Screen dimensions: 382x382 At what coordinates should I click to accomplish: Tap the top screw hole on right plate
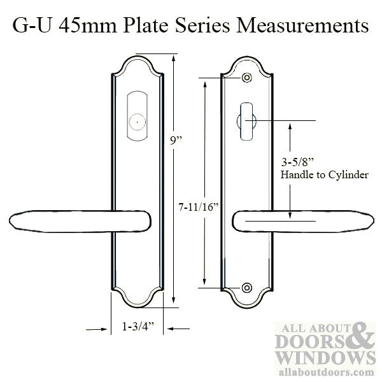pyautogui.click(x=246, y=79)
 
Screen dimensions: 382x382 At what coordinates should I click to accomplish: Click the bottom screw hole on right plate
pyautogui.click(x=246, y=288)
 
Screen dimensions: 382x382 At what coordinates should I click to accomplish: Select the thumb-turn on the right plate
pyautogui.click(x=246, y=125)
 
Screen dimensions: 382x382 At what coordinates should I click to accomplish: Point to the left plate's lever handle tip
pyautogui.click(x=15, y=222)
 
